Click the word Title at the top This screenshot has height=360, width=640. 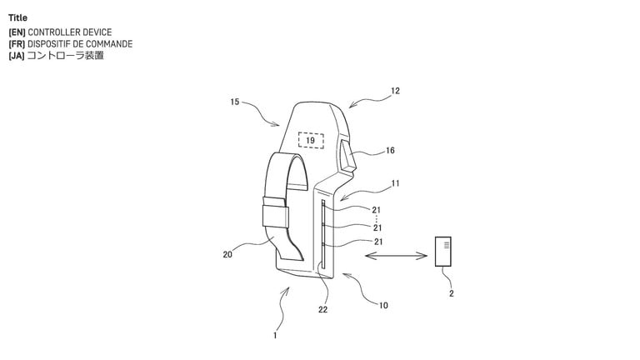tap(17, 18)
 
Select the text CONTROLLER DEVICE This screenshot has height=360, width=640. tap(70, 32)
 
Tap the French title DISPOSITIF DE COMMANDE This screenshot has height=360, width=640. tap(80, 43)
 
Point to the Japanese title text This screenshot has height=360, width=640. tap(65, 55)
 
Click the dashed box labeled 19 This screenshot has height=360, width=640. tap(311, 140)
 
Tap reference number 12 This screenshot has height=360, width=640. tap(395, 91)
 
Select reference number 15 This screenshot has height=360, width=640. tap(235, 102)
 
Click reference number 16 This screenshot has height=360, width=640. tap(390, 151)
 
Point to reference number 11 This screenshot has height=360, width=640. tap(395, 183)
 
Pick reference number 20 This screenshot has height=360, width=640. tap(227, 255)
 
